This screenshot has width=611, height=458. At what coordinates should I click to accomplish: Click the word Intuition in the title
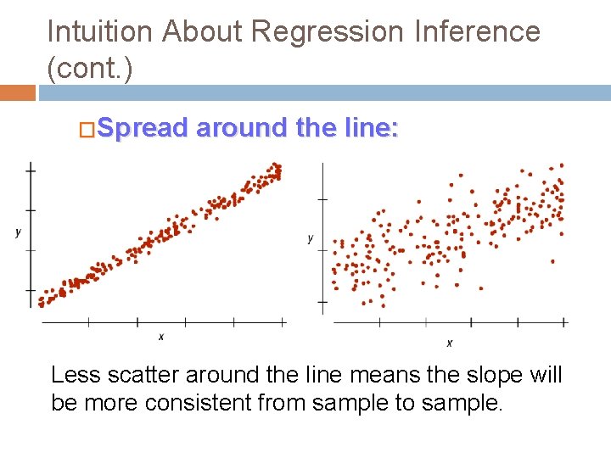click(x=100, y=32)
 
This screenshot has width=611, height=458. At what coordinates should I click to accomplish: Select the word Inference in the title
click(x=478, y=32)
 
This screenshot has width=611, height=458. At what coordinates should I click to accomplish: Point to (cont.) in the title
click(x=90, y=70)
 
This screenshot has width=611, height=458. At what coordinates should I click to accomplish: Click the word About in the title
click(x=204, y=32)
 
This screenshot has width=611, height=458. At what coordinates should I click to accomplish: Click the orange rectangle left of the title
click(x=17, y=92)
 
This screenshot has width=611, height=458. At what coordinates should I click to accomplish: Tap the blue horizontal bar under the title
click(x=322, y=92)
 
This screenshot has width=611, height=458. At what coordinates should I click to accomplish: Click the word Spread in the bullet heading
click(x=142, y=128)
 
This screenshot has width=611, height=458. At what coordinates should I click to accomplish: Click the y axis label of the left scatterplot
click(x=18, y=232)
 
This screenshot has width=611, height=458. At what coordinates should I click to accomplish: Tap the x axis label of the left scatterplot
click(x=161, y=337)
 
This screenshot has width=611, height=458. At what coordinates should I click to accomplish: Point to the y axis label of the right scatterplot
click(x=311, y=238)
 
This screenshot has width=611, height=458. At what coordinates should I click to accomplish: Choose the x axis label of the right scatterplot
click(x=449, y=343)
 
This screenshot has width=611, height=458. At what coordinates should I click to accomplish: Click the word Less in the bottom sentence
click(x=74, y=376)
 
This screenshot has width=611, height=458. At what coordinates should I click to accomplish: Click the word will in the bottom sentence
click(x=547, y=376)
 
